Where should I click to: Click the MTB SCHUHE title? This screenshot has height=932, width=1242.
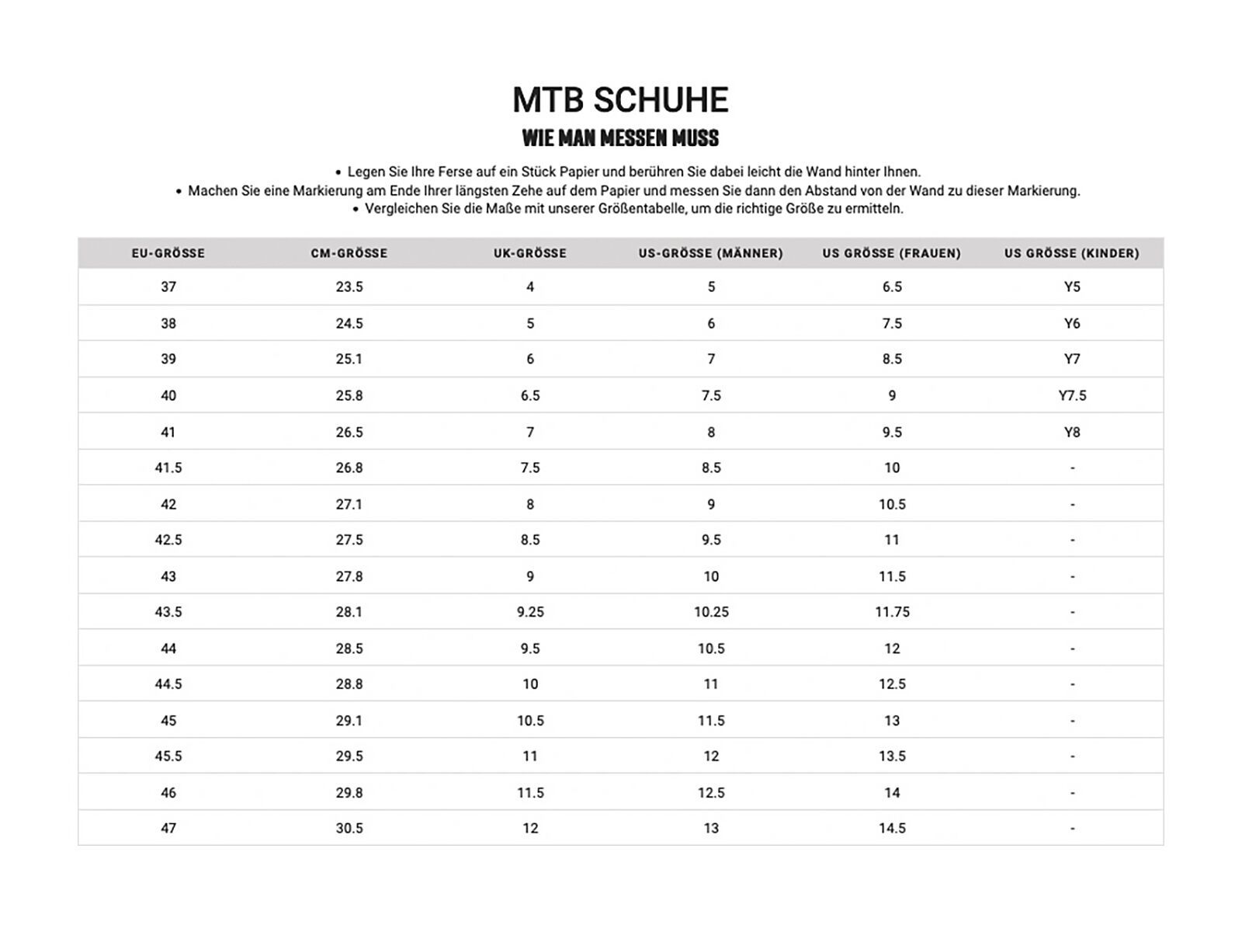(x=620, y=100)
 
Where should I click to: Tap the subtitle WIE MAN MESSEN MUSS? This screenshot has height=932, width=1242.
(x=620, y=138)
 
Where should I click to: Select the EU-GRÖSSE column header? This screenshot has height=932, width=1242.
(x=168, y=253)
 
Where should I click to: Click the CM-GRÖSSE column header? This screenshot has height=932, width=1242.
(x=349, y=253)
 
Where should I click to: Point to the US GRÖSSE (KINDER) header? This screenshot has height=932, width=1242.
(x=1072, y=253)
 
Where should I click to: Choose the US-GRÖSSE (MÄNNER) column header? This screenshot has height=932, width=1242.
(x=711, y=253)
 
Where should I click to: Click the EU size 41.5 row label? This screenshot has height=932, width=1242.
(x=168, y=468)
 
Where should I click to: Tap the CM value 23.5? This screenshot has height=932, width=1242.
(x=349, y=287)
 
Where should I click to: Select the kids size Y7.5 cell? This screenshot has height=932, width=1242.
(x=1072, y=395)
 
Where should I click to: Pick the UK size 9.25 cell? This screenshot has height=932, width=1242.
(x=530, y=612)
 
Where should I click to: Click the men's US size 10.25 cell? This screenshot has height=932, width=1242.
(x=711, y=612)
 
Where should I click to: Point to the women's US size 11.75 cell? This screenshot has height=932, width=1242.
(x=892, y=612)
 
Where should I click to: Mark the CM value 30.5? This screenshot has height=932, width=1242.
(x=349, y=828)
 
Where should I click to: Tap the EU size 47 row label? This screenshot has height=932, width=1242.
(x=168, y=828)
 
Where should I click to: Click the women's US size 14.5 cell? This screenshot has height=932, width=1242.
(x=892, y=828)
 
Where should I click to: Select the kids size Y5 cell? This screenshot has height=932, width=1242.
(x=1072, y=287)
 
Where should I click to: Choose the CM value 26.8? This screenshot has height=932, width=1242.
(x=349, y=468)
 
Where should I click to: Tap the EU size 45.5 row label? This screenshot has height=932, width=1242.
(x=168, y=756)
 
